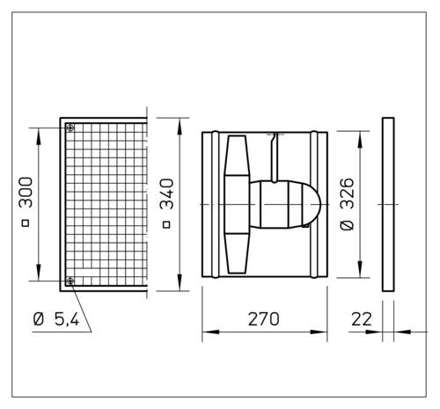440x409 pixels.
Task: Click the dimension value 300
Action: [x=26, y=193]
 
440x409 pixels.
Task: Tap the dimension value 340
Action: [x=166, y=194]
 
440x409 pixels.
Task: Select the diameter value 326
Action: [x=348, y=193]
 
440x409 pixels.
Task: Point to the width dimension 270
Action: [x=264, y=319]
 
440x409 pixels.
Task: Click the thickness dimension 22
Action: [x=362, y=319]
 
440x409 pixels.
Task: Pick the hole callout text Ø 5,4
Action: [x=56, y=319]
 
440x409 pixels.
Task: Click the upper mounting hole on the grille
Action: [x=70, y=128]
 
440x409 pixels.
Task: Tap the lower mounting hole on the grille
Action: [x=70, y=281]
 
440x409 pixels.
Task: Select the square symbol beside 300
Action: [x=26, y=223]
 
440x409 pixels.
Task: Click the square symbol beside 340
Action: [x=166, y=225]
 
